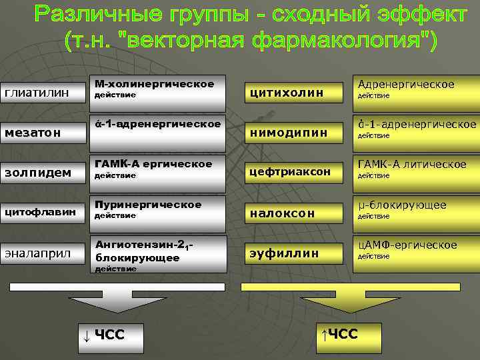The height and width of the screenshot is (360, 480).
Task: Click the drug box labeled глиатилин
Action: (x=42, y=92)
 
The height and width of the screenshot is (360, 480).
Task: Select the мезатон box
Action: (x=42, y=132)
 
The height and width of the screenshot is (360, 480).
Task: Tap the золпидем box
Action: (x=42, y=172)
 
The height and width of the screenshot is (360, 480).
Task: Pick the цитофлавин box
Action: (x=42, y=212)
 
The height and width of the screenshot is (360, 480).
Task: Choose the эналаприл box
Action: (x=42, y=253)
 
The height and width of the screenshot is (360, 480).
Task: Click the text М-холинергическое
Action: (x=154, y=84)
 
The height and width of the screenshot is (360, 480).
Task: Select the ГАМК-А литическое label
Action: (x=411, y=165)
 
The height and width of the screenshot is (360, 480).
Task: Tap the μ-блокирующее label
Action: (x=402, y=205)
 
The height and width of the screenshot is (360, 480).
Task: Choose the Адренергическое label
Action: (x=406, y=84)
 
